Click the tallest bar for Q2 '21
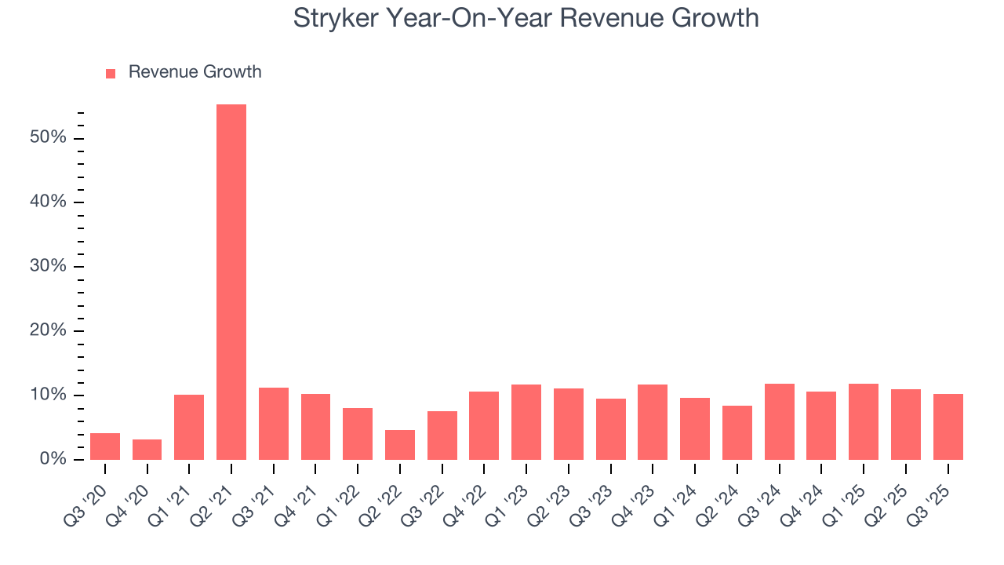point(231,282)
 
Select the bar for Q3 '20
point(105,447)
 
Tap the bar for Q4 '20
point(147,450)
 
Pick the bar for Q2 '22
point(400,445)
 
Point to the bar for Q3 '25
point(948,427)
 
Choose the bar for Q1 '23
point(526,422)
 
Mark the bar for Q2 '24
point(737,432)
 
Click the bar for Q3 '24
point(779,421)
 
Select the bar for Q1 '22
point(358,434)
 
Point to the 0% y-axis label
point(53,459)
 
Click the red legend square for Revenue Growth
point(111,73)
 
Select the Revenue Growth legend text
point(195,72)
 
